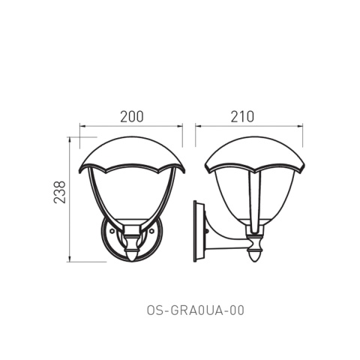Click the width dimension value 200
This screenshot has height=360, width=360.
pos(132,116)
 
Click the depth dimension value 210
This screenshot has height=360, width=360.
pos(242,116)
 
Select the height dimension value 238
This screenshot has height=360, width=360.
pos(60,192)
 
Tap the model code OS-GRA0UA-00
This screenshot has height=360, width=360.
pos(195,310)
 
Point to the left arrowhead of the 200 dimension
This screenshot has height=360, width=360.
pos(82,127)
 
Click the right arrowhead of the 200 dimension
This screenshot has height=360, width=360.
pos(180,127)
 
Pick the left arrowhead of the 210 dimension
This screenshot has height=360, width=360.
pos(198,127)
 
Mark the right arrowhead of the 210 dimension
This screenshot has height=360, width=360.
pos(300,127)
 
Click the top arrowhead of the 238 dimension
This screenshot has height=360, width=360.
pos(70,139)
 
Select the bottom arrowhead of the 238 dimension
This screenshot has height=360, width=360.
pos(70,259)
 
